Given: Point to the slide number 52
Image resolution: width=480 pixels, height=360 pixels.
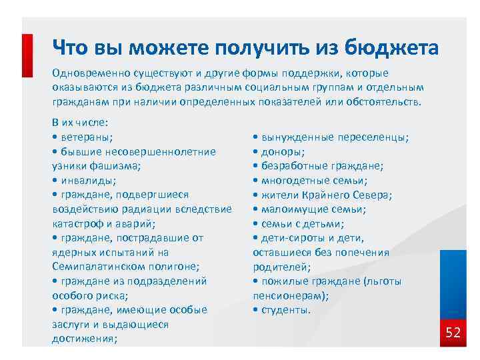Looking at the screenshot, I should click(x=453, y=333).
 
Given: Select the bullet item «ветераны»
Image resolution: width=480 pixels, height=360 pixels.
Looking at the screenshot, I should click(x=85, y=137).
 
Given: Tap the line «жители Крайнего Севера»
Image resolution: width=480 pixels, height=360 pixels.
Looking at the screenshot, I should click(x=326, y=195).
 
